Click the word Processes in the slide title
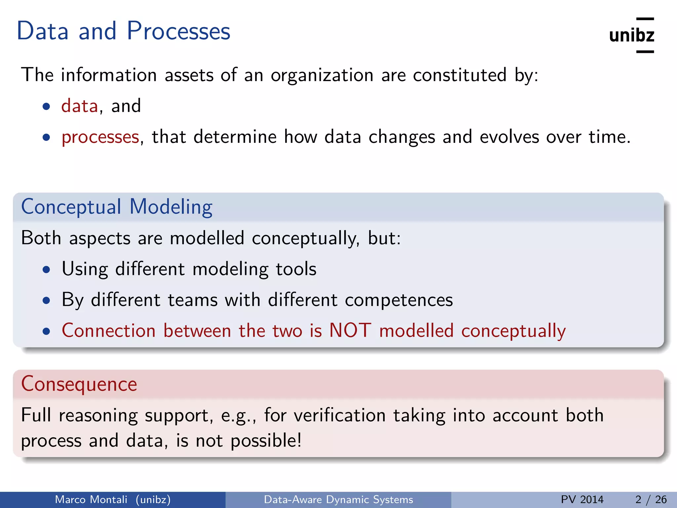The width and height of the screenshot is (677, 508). coord(178,31)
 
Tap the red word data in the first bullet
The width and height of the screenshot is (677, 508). coord(80,106)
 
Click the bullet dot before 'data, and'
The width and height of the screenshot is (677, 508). coord(46,107)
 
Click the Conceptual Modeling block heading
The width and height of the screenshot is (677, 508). coord(117,207)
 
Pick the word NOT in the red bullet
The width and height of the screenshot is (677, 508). coord(350,330)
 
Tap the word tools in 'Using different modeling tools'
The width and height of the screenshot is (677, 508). coord(296,269)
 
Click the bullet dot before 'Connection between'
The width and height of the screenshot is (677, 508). coord(46,331)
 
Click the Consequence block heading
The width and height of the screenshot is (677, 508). coord(79,384)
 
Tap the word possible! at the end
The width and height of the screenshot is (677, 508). coord(266,441)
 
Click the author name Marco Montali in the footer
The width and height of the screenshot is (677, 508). coord(91,499)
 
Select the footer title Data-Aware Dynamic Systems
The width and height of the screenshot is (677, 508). coord(338,499)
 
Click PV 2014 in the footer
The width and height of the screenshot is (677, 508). coord(582,499)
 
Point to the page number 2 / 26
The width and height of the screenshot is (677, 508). coord(651,499)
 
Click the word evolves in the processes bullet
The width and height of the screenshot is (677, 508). coord(509,137)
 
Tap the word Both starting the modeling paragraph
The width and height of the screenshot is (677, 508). coord(41,238)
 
